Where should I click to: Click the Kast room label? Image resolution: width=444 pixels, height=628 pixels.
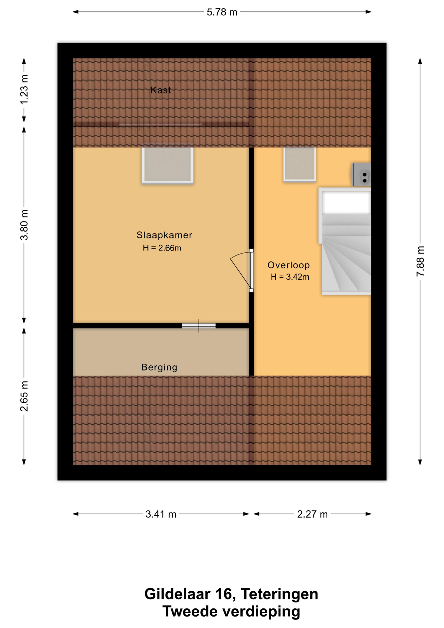point(161,90)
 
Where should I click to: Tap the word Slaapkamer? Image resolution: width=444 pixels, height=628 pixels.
point(164,235)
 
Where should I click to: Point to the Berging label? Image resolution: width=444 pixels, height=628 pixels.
point(159,367)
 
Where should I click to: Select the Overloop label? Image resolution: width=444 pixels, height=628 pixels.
point(288,265)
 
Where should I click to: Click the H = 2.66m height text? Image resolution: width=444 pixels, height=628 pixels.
point(162,248)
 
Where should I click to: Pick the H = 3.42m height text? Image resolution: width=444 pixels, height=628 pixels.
point(290,277)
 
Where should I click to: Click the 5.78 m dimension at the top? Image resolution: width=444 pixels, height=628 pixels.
point(222,12)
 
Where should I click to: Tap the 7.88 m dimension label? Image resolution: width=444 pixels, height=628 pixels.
point(420,261)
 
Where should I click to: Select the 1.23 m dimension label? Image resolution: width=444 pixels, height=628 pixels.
point(24,90)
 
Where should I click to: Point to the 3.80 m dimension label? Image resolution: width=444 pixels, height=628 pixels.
point(24,225)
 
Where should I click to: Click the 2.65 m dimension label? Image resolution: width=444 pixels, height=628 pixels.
point(24,396)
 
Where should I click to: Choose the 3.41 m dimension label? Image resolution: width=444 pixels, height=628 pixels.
point(161,514)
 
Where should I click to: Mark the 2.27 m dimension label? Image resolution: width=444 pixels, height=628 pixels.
point(312,514)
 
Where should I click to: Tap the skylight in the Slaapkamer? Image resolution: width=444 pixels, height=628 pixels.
point(167,165)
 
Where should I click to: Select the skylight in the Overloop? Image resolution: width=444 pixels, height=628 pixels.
point(299,164)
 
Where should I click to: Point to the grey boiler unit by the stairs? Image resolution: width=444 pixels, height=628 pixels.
point(361,174)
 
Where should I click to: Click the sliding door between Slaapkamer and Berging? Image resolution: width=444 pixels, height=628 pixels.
point(199,326)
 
